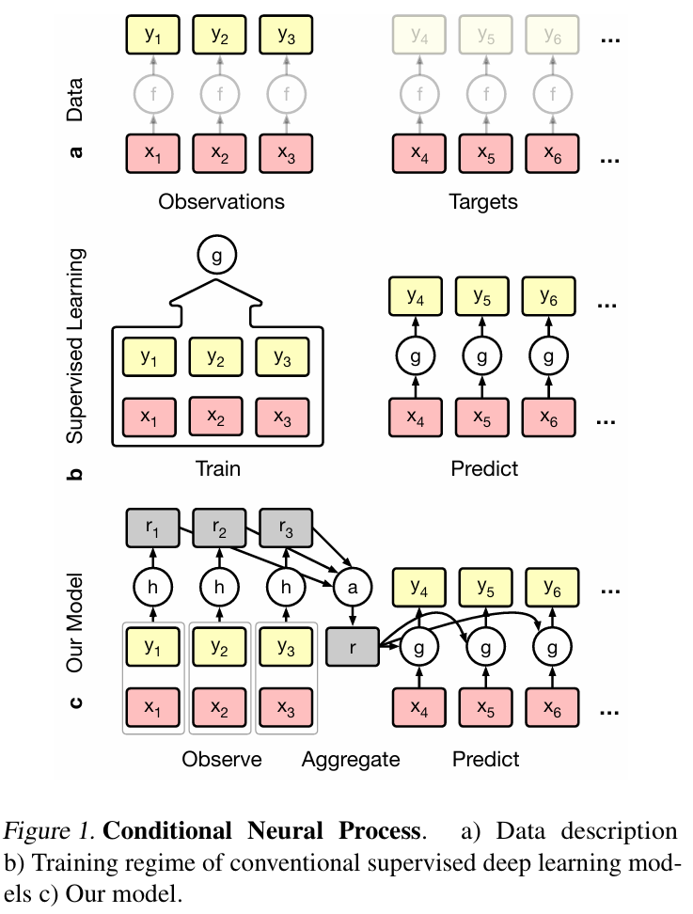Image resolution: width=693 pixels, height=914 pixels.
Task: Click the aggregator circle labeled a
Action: [x=353, y=589]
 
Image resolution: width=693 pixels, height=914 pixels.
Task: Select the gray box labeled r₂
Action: [x=218, y=528]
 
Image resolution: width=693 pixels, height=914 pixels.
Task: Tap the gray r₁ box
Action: [x=152, y=528]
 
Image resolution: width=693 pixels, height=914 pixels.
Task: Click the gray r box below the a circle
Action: [x=353, y=649]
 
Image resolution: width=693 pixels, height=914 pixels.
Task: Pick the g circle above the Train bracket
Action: [x=217, y=255]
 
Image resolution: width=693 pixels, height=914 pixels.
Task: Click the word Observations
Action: [x=221, y=201]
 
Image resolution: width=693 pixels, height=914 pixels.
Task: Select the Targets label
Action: [x=484, y=201]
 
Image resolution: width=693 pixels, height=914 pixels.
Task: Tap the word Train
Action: [x=217, y=467]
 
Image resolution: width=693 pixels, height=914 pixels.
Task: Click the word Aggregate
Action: [x=351, y=759]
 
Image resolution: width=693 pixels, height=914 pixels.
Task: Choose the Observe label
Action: [x=221, y=759]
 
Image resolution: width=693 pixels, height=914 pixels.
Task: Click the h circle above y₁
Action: [x=152, y=589]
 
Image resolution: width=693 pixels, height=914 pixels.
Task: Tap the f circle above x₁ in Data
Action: [x=152, y=94]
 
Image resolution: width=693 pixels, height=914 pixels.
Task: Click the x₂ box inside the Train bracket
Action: [x=217, y=415]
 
